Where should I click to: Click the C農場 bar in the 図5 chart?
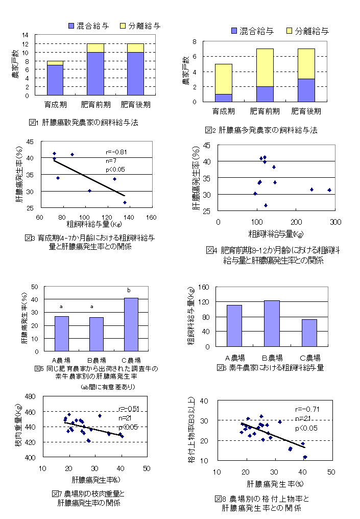[x=131, y=324]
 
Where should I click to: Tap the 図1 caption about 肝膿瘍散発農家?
[x=84, y=123]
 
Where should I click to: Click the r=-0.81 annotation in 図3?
[x=116, y=152]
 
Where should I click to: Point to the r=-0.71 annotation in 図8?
[x=306, y=409]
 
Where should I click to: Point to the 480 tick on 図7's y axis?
[x=28, y=396]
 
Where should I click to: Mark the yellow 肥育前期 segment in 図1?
[x=96, y=48]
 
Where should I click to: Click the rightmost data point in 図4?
[x=329, y=190]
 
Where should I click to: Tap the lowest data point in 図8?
[x=305, y=457]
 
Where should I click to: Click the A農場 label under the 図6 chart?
[x=234, y=358]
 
